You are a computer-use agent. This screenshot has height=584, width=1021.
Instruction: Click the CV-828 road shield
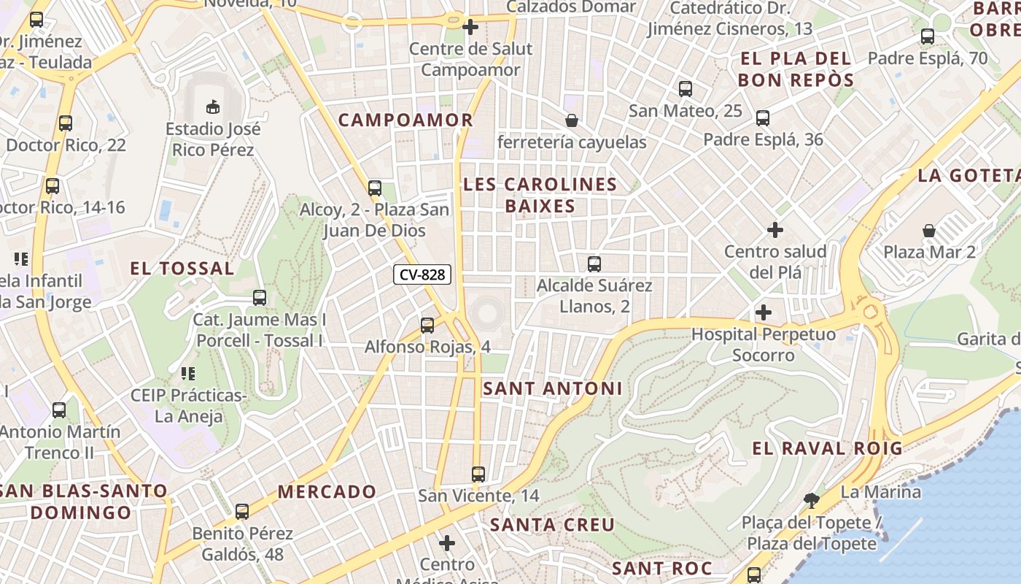[x=422, y=275]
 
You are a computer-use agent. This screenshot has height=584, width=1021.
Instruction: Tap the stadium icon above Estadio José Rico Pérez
[x=213, y=107]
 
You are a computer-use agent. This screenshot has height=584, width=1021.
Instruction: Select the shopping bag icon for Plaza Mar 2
[x=929, y=231]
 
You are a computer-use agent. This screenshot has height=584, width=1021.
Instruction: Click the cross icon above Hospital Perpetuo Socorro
[x=764, y=312]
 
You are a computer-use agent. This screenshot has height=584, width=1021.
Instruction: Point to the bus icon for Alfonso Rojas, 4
[x=427, y=326]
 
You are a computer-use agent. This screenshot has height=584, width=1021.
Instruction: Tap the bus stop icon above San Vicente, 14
[x=478, y=474]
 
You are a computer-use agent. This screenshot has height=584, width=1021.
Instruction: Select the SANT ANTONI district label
[x=553, y=389]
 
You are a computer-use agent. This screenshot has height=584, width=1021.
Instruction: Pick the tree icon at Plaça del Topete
[x=810, y=501]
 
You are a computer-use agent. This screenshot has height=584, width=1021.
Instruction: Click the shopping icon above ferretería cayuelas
[x=572, y=120]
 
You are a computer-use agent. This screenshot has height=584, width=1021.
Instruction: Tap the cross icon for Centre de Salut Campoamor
[x=470, y=28]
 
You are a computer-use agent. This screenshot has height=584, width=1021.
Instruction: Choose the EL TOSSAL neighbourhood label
[x=182, y=269]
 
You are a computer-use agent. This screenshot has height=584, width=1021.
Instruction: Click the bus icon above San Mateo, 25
[x=685, y=89]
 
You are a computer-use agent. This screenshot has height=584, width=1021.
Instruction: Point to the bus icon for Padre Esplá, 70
[x=928, y=36]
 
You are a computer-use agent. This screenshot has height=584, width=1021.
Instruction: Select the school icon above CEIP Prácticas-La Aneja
[x=187, y=374]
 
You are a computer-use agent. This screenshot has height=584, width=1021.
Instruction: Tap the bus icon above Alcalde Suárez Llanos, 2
[x=594, y=264]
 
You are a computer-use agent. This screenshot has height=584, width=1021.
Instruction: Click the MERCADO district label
[x=327, y=492]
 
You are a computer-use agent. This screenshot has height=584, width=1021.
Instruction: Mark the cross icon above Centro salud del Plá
[x=775, y=231]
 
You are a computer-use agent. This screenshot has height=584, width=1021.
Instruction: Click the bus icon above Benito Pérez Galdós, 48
[x=242, y=512]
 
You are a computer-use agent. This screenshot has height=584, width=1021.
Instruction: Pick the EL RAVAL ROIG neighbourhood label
[x=827, y=448]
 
